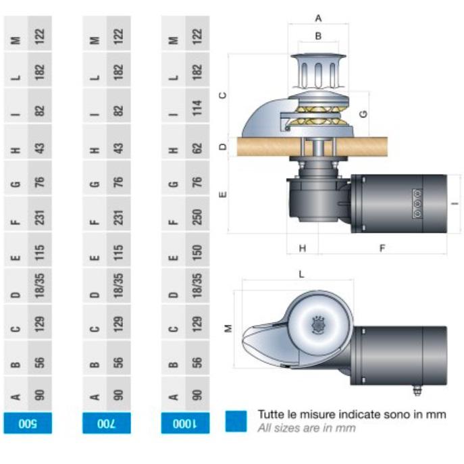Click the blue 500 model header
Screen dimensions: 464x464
click(28, 423)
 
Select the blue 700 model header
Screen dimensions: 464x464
click(107, 423)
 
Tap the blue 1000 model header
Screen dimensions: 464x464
click(185, 423)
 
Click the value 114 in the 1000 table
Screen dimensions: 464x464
click(197, 107)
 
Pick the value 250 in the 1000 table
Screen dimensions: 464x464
click(197, 217)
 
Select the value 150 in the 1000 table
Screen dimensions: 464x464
click(197, 252)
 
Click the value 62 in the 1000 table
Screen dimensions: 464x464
click(197, 148)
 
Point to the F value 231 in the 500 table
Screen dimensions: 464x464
click(39, 217)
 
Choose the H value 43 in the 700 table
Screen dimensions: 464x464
click(118, 148)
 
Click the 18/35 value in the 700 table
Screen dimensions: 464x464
click(118, 285)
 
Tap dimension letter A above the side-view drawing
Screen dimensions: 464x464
click(318, 18)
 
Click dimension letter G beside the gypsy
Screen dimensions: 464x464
click(363, 113)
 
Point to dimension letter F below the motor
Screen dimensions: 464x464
click(382, 248)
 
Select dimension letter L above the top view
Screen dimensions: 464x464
click(301, 274)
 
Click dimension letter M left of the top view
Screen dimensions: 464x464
click(228, 328)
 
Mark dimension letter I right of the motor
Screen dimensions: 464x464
click(455, 203)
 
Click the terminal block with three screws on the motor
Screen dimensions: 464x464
click(417, 204)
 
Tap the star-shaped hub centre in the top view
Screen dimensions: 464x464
click(318, 325)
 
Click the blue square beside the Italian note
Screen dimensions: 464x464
click(236, 421)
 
